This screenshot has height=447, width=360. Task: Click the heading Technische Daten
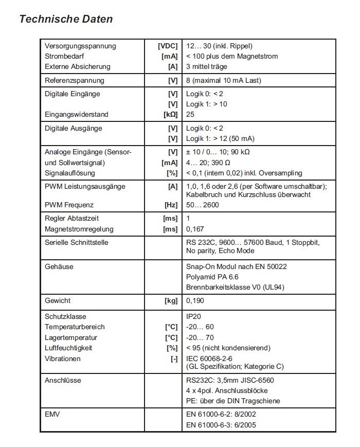65,20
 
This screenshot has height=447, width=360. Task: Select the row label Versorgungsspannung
80,46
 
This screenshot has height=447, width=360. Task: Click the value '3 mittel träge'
206,66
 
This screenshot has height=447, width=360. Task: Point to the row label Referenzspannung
75,80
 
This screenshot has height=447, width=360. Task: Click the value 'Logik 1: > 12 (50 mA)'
220,138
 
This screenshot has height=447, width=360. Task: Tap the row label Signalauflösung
70,173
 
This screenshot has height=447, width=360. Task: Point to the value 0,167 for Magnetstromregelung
194,229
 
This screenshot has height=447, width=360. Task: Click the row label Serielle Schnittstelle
77,242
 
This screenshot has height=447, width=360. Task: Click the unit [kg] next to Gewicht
171,300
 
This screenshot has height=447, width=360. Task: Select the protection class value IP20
194,316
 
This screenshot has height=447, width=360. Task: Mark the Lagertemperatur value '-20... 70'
200,337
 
